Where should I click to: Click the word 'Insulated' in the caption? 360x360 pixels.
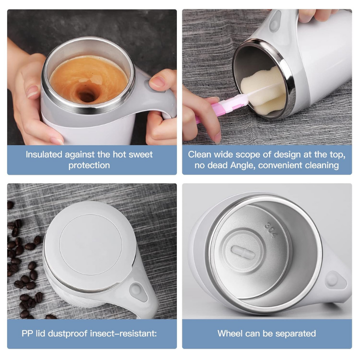point(44,154)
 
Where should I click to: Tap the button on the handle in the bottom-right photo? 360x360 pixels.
point(332,279)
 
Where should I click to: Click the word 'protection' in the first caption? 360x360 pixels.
point(89,165)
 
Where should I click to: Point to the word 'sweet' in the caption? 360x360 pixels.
point(140,154)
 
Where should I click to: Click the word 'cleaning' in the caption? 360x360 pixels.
point(323,165)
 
